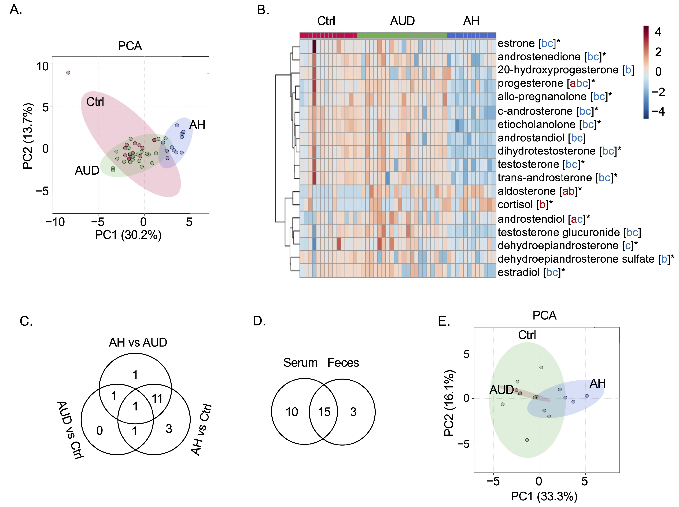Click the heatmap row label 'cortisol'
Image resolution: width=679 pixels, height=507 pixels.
[515, 205]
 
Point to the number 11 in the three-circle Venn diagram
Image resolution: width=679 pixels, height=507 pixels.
[157, 399]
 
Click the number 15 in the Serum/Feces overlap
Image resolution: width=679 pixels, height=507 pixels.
[324, 412]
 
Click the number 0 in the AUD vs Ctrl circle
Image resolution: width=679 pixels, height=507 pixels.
[99, 431]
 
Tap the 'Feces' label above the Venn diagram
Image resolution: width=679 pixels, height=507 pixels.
[343, 363]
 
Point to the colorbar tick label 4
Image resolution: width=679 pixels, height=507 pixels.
[658, 32]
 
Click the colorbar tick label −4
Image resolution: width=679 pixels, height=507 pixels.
[658, 111]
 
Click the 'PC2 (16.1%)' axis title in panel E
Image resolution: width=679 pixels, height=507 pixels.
[449, 404]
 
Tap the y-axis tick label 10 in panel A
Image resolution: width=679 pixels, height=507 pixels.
[43, 66]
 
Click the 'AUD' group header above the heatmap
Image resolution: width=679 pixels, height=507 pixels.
[402, 21]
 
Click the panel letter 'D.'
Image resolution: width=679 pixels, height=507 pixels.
[259, 321]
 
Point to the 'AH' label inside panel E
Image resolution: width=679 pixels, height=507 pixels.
[597, 384]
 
